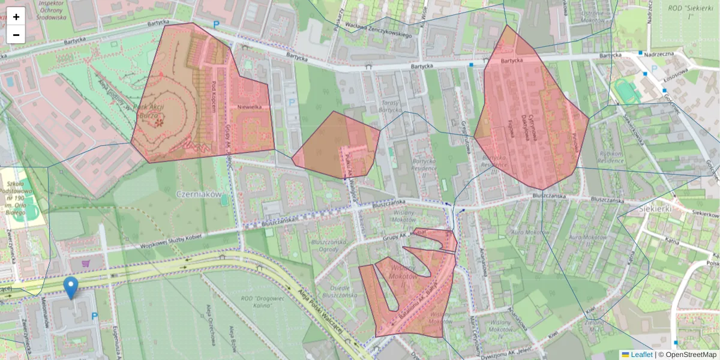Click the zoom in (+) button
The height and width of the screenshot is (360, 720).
16,17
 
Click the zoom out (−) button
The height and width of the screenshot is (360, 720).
16,35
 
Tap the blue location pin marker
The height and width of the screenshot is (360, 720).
71,287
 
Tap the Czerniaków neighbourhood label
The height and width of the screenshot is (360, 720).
200,195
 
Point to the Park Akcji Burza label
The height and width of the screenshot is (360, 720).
152,112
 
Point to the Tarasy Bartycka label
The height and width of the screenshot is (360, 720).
390,106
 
